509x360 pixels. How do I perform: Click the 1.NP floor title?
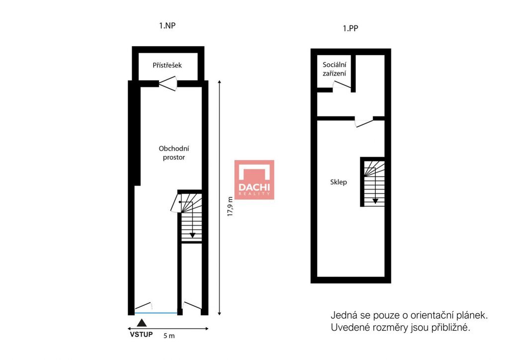click(x=167, y=26)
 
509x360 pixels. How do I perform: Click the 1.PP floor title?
click(x=350, y=28)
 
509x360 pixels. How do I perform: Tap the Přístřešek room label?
click(x=167, y=65)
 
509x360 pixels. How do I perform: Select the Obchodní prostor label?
click(x=173, y=153)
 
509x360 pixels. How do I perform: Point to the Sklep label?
click(x=339, y=182)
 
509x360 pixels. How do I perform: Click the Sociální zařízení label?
click(x=335, y=69)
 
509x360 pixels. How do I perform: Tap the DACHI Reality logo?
click(x=254, y=180)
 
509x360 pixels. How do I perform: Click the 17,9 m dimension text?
click(x=230, y=206)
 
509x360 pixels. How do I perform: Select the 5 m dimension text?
click(x=169, y=336)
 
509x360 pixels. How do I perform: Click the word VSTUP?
click(x=141, y=334)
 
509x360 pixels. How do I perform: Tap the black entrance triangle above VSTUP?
click(x=142, y=323)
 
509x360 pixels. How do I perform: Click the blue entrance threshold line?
click(x=156, y=313)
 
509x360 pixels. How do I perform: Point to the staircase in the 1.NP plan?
click(x=190, y=217)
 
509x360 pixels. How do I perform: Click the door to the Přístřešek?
click(x=168, y=84)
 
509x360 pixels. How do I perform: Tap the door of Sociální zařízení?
click(x=342, y=85)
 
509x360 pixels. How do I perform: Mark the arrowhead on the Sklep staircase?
click(x=375, y=201)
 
